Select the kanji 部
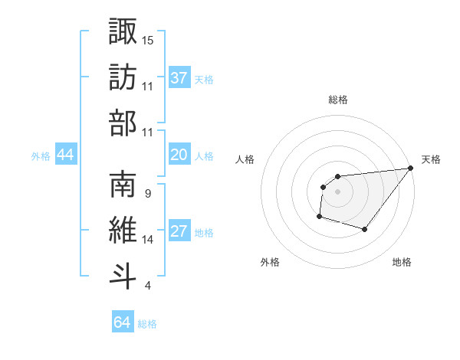[123, 123]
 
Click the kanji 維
[123, 230]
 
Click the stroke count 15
[148, 39]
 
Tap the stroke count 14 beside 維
[148, 240]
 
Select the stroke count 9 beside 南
[147, 193]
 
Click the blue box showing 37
[179, 78]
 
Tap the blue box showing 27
[179, 232]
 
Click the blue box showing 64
[122, 322]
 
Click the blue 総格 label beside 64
[147, 324]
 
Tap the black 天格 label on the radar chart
[431, 159]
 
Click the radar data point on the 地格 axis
[365, 230]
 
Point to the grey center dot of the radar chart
[337, 191]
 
